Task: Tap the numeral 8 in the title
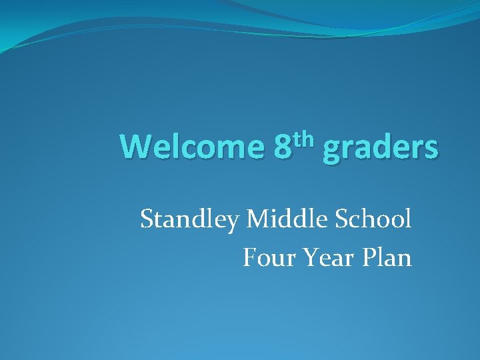[283, 147]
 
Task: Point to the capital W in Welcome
[135, 147]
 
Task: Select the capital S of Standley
[147, 219]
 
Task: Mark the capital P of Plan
[369, 257]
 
